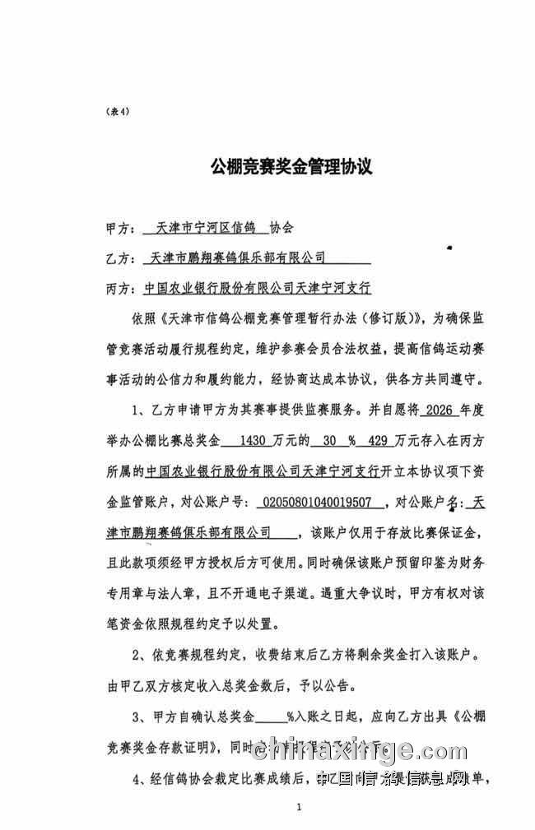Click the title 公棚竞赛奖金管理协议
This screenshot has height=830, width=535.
[x=291, y=167]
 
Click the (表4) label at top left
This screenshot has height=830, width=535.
[x=118, y=111]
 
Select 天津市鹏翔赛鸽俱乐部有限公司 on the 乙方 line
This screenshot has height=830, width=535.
[x=239, y=257]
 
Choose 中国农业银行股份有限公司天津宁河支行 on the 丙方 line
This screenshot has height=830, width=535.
[x=257, y=290]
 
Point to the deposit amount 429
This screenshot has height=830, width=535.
[x=379, y=441]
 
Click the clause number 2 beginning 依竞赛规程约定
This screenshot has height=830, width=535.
[x=137, y=654]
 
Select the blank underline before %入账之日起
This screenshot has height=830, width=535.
[x=271, y=715]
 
